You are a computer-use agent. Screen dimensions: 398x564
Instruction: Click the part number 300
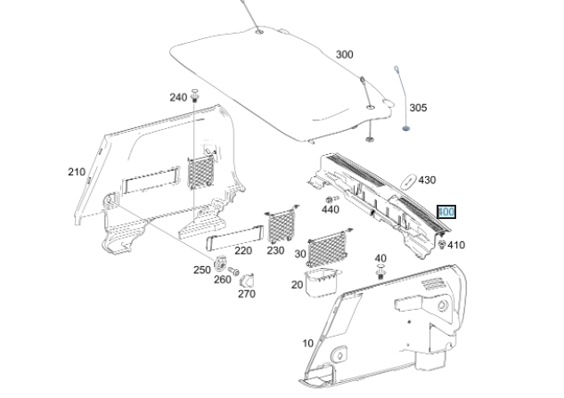[344, 55]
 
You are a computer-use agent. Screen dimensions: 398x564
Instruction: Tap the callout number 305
[418, 108]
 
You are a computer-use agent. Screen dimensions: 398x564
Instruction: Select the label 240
[178, 97]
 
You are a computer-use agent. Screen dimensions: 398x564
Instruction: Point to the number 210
[77, 171]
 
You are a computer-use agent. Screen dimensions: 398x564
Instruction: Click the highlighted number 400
[446, 212]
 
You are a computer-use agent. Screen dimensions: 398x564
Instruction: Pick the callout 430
[427, 180]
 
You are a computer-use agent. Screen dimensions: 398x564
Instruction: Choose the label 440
[330, 210]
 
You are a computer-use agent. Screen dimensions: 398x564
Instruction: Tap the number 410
[455, 245]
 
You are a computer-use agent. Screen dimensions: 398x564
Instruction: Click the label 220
[218, 251]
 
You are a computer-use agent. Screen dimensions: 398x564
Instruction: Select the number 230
[275, 251]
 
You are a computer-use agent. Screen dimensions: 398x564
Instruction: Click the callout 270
[246, 293]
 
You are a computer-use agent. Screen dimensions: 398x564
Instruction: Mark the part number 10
[308, 343]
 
